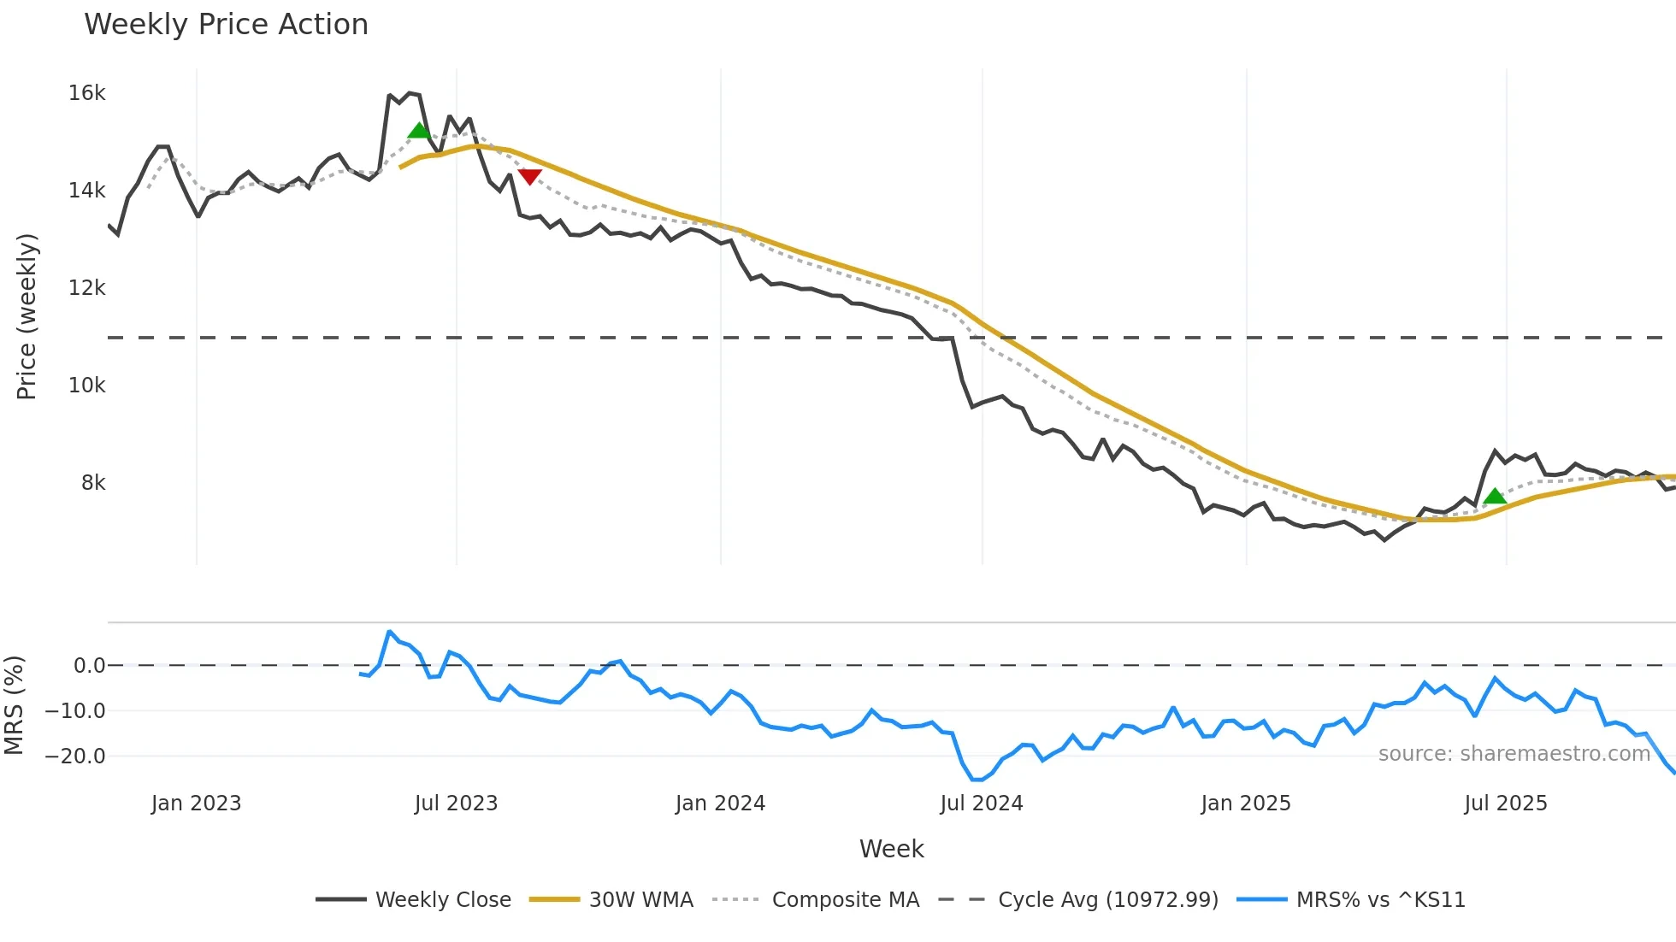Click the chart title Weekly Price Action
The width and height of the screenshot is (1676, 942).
pos(226,25)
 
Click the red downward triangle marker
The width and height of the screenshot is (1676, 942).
pos(530,176)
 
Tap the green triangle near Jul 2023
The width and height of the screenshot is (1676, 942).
pos(419,131)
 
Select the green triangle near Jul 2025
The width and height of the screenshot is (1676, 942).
pos(1494,496)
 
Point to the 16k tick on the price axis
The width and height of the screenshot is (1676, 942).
pos(86,93)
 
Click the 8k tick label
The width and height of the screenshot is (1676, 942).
pos(93,483)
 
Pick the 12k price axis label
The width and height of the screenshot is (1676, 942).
pos(86,288)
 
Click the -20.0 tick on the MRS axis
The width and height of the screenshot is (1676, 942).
pos(75,757)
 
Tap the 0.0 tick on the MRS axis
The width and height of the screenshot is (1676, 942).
pos(89,666)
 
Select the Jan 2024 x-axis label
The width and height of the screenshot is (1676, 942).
pos(720,804)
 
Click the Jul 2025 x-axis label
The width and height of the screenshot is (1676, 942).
pos(1505,804)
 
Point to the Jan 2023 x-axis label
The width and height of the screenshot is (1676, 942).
pos(196,804)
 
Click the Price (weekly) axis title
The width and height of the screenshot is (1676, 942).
pos(27,316)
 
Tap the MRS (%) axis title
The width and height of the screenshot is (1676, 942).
pos(14,705)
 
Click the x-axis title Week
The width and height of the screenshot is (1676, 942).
pos(891,849)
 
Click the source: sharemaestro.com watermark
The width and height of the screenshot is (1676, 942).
pos(1514,754)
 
